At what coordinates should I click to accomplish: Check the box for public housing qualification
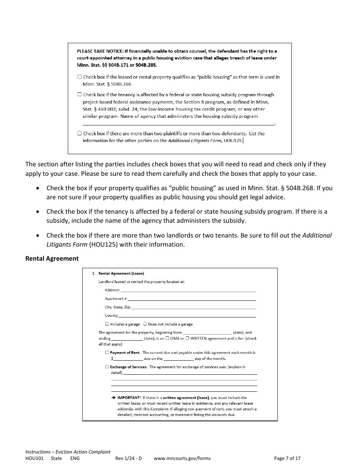coord(79,77)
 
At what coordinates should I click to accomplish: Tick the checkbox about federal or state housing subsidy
coord(79,95)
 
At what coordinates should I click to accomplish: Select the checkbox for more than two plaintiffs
coord(79,133)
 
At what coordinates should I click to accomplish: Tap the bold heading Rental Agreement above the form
coord(52,258)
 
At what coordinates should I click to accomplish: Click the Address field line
coord(188,290)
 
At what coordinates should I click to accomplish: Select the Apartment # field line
coord(191,299)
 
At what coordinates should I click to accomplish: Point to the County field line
coord(187,316)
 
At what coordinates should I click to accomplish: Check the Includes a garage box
coord(107,324)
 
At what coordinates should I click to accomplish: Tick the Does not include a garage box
coord(145,324)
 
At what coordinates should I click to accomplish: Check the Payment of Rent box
coord(107,352)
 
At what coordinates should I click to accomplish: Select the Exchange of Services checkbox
coord(107,367)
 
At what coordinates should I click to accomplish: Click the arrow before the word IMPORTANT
coord(113,398)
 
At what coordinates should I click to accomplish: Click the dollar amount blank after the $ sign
coord(128,358)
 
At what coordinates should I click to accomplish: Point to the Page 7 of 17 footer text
coord(287,458)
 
